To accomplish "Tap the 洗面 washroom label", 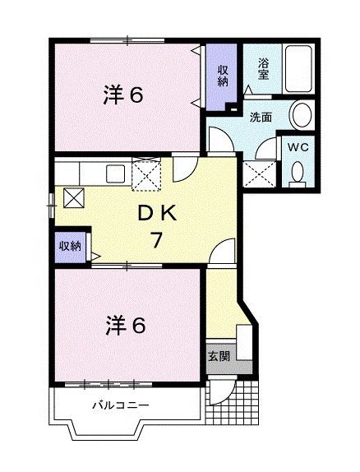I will pyautogui.click(x=261, y=117).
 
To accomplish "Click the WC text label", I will pyautogui.click(x=297, y=147).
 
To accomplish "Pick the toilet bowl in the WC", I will pyautogui.click(x=298, y=171).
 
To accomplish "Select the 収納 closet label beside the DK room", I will pyautogui.click(x=70, y=246).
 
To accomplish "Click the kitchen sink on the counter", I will pyautogui.click(x=114, y=174).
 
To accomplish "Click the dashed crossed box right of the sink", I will pyautogui.click(x=148, y=174).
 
